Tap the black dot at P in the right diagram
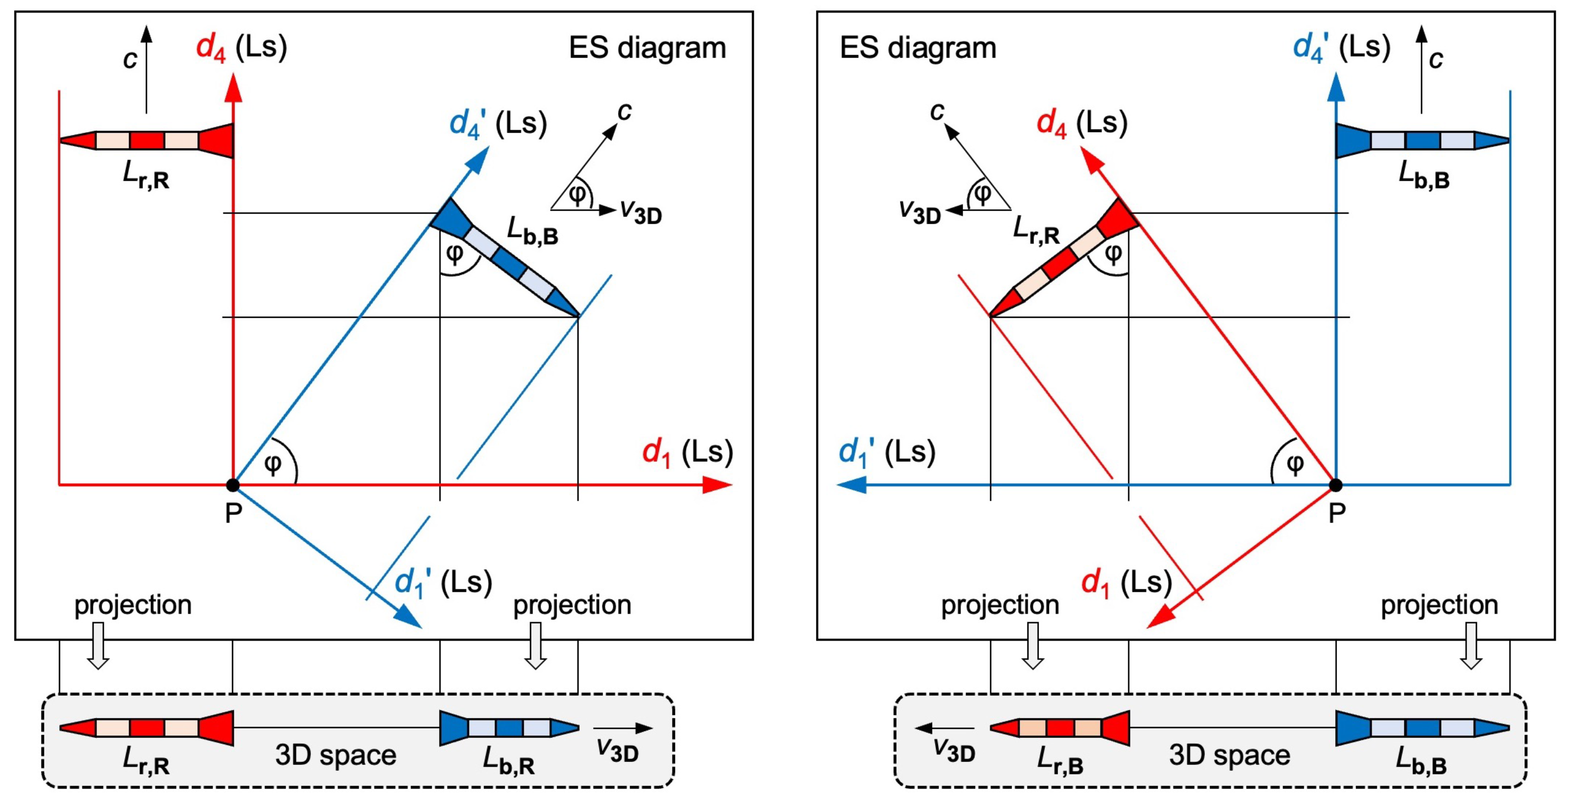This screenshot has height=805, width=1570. [1335, 485]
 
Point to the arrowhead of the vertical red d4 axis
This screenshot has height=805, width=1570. [233, 89]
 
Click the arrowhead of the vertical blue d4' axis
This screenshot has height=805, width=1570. [1336, 89]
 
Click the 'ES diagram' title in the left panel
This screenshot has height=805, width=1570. [647, 48]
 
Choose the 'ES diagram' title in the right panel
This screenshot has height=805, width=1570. [918, 48]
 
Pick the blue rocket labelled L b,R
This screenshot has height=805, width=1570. [509, 727]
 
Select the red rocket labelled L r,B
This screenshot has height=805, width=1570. [1060, 727]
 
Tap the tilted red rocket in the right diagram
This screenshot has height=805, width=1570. [1064, 259]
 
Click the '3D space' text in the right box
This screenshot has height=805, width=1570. [1229, 755]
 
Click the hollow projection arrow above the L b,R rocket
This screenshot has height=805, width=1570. [535, 645]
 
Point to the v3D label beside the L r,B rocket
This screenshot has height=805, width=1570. [954, 750]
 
